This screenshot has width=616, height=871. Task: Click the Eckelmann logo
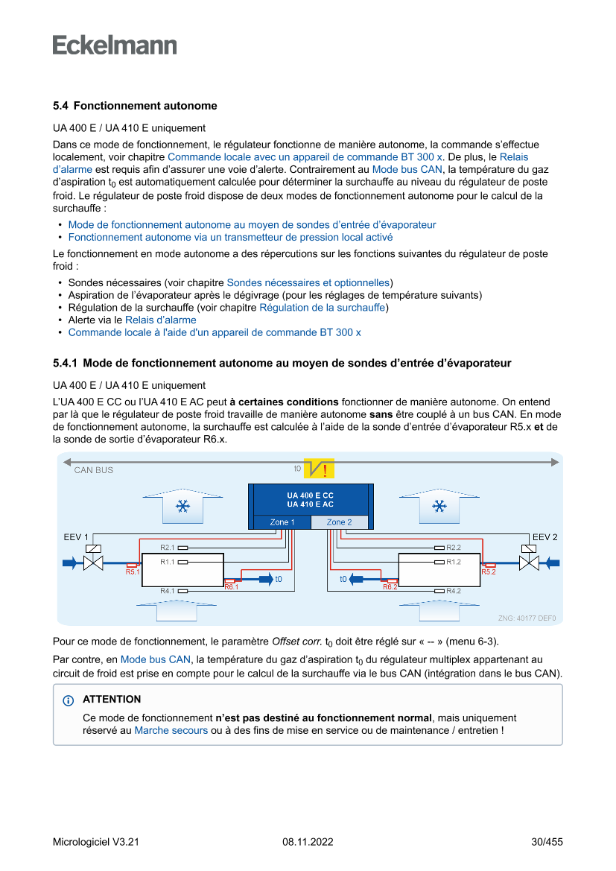115,45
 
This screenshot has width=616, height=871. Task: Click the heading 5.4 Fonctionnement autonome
135,106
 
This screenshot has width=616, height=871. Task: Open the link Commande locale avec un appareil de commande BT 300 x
305,157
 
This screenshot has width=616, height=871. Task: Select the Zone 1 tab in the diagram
282,522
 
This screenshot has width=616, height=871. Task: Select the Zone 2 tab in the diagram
339,522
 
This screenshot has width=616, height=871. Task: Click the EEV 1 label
76,537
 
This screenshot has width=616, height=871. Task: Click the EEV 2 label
545,537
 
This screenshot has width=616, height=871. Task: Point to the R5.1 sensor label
133,572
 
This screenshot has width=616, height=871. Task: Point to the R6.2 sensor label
390,588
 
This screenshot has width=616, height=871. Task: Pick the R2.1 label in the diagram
167,548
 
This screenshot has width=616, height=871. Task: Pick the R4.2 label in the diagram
454,591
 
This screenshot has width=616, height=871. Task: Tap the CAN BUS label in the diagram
94,470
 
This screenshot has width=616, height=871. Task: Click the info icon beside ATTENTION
69,700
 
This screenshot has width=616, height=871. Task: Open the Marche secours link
171,730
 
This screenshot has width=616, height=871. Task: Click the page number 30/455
547,842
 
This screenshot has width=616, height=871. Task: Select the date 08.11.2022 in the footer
308,842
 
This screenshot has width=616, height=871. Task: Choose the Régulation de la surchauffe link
322,308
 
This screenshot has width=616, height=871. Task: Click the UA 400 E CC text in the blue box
310,495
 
